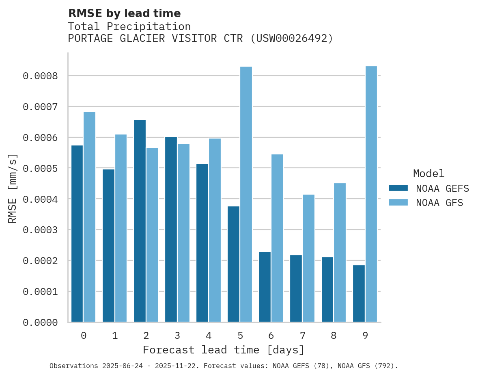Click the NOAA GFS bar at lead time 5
[x=246, y=194]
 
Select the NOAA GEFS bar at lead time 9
[x=359, y=293]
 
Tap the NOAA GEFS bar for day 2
[x=140, y=221]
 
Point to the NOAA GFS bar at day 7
[x=308, y=258]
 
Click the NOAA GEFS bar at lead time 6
[x=265, y=287]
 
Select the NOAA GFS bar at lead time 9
[x=371, y=194]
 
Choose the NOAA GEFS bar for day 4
[x=202, y=243]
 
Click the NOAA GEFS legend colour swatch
[x=398, y=188]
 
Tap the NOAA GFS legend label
[x=439, y=202]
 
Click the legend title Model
[x=428, y=173]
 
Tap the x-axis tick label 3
[x=177, y=336]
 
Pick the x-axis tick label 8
[x=334, y=336]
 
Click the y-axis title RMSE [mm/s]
[x=13, y=188]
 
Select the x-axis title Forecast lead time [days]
[x=223, y=350]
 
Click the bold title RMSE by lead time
[x=124, y=13]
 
